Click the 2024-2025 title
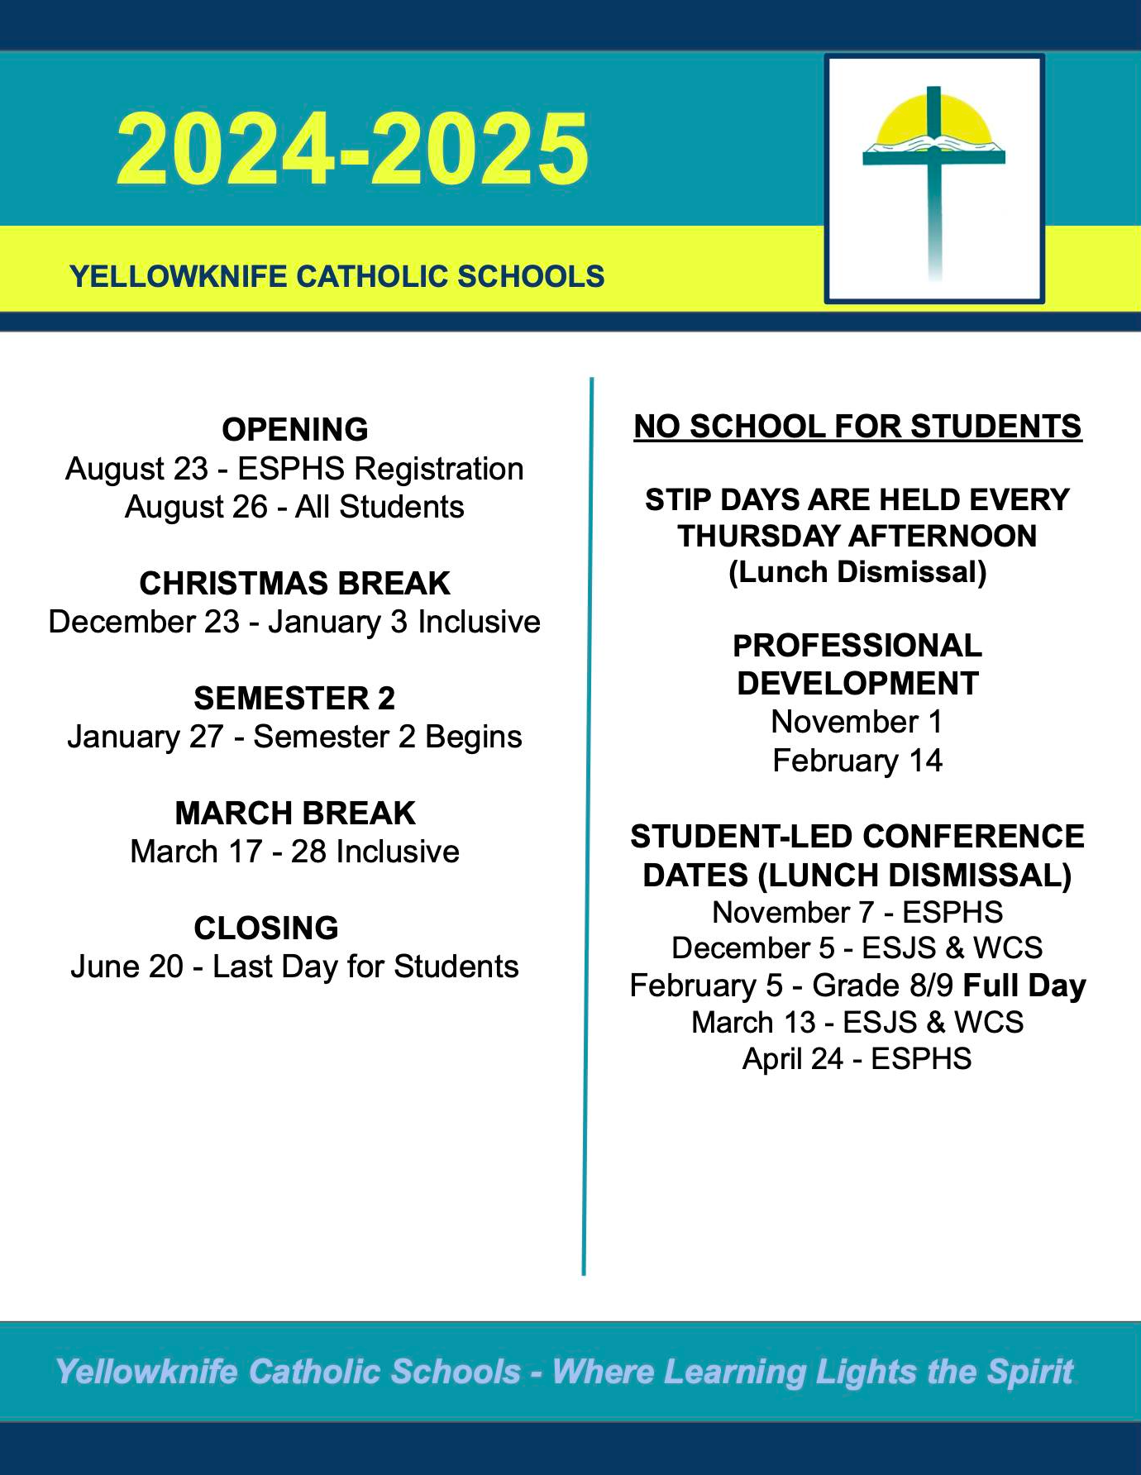353,150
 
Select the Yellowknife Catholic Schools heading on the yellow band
337,276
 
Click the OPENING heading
295,430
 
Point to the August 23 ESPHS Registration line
295,469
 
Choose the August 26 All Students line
295,507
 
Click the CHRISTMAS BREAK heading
295,584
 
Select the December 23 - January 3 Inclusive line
295,622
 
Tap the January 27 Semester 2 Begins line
295,737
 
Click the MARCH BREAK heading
295,814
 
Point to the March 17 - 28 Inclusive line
295,852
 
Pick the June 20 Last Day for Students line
295,967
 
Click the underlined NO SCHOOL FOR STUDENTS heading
857,427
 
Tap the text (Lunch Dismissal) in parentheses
857,572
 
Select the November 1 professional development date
857,723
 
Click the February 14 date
857,761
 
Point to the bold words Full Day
1024,986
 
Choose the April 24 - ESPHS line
857,1059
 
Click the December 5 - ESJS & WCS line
857,948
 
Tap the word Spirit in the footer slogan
1030,1372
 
